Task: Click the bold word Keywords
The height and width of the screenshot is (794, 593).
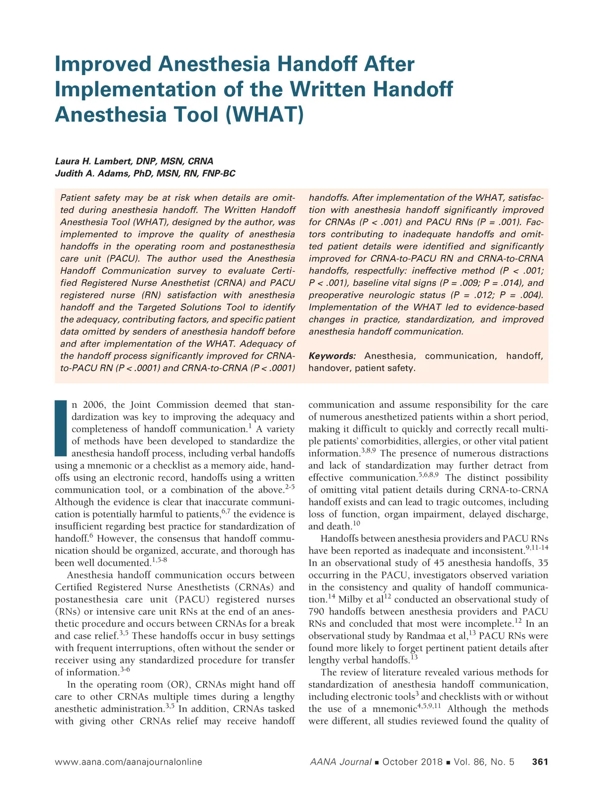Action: [332, 356]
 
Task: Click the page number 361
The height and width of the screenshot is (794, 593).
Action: [540, 762]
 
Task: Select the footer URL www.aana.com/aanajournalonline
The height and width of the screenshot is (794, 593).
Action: [128, 762]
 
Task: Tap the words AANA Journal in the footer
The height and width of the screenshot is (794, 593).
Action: [340, 762]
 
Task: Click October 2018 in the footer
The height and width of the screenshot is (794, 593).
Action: [413, 762]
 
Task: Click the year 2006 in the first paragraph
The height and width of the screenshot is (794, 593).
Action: [94, 404]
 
